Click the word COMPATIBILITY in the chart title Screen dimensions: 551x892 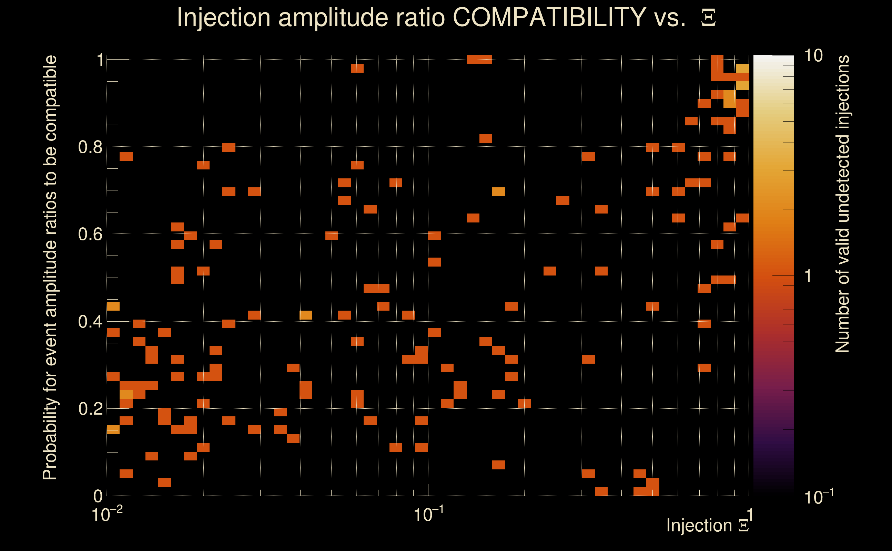(x=549, y=17)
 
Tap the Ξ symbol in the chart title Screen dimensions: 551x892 (x=708, y=18)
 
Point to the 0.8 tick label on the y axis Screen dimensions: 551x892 (x=90, y=147)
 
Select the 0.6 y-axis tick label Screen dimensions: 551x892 (x=90, y=234)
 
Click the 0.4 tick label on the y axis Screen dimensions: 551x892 (x=90, y=322)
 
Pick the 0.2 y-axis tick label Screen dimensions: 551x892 (x=90, y=409)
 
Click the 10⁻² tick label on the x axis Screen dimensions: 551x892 (x=107, y=514)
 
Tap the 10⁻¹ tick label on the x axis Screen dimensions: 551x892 (x=428, y=514)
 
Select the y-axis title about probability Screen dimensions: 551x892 (x=50, y=268)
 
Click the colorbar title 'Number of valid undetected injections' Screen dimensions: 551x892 (x=842, y=204)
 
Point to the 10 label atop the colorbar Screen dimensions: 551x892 (x=813, y=56)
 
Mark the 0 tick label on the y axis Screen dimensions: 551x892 (x=98, y=496)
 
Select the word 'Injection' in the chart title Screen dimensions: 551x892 (x=224, y=17)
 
